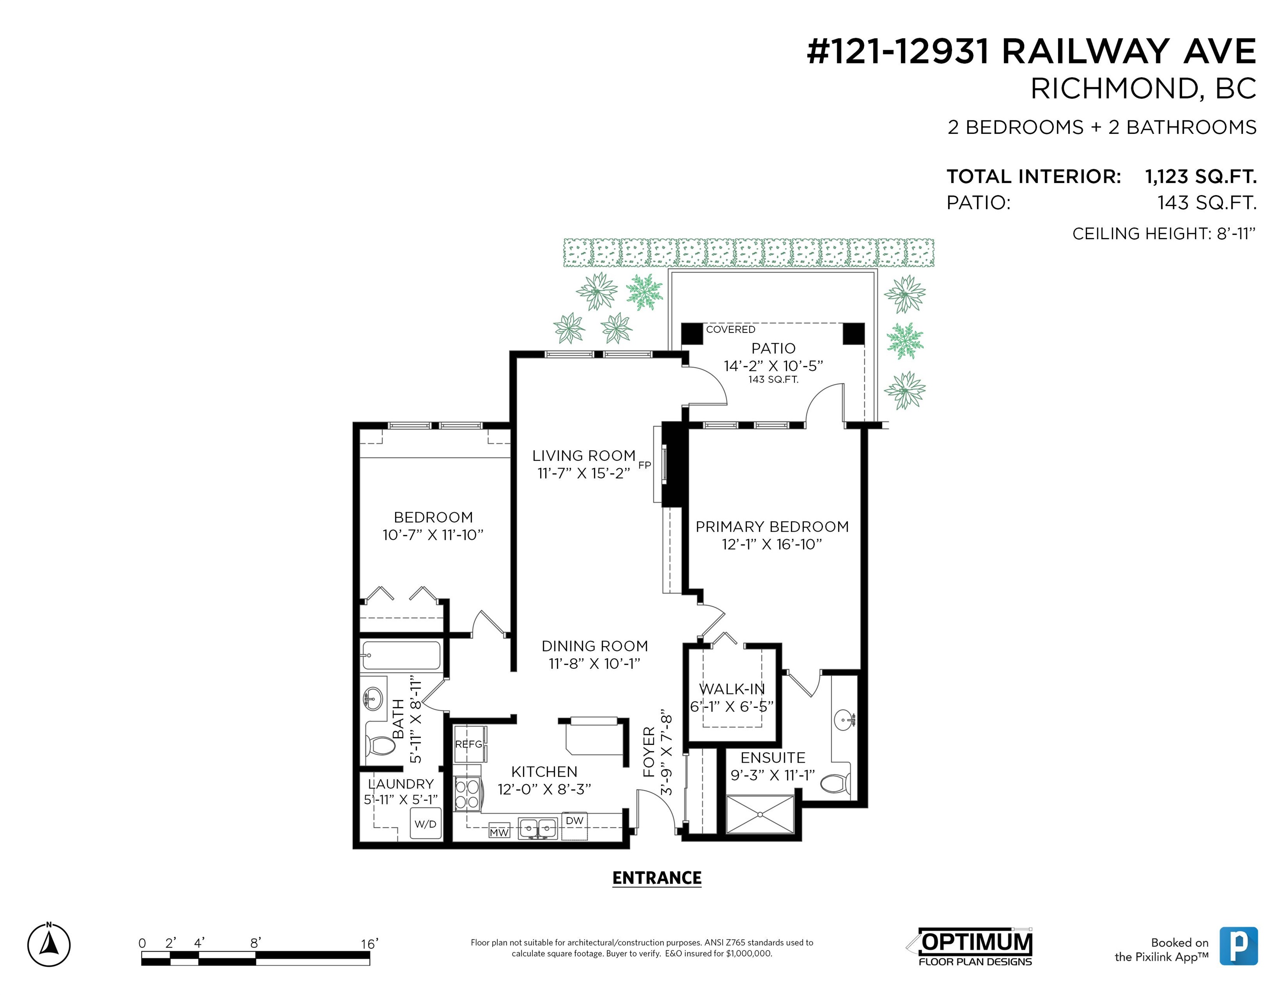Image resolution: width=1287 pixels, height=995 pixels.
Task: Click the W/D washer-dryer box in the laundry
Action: click(425, 824)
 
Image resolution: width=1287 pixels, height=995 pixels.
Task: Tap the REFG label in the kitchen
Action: click(468, 745)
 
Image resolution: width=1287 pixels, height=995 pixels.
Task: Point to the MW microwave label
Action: click(499, 832)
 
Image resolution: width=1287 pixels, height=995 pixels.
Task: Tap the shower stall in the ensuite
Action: click(760, 814)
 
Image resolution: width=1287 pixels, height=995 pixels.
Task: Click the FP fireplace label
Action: click(645, 465)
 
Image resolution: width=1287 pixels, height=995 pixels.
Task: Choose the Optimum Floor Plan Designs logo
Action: click(970, 947)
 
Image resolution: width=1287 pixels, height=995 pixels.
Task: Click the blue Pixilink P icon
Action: click(1239, 946)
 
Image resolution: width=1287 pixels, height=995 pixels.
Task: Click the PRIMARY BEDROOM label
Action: click(772, 527)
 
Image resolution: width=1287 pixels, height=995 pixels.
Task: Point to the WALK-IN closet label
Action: click(732, 689)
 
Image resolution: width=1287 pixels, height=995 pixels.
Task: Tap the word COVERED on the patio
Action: click(731, 330)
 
